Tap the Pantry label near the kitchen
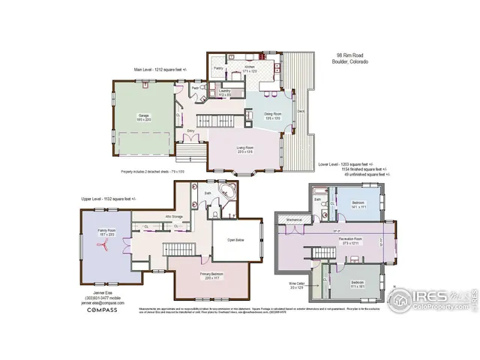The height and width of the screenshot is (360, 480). coord(219,68)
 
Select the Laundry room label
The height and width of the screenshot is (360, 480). coord(223,93)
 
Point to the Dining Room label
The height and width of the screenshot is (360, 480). coord(272,115)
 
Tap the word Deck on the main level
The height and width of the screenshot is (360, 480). coord(300,112)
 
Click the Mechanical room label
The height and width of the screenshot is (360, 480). coord(293,220)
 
